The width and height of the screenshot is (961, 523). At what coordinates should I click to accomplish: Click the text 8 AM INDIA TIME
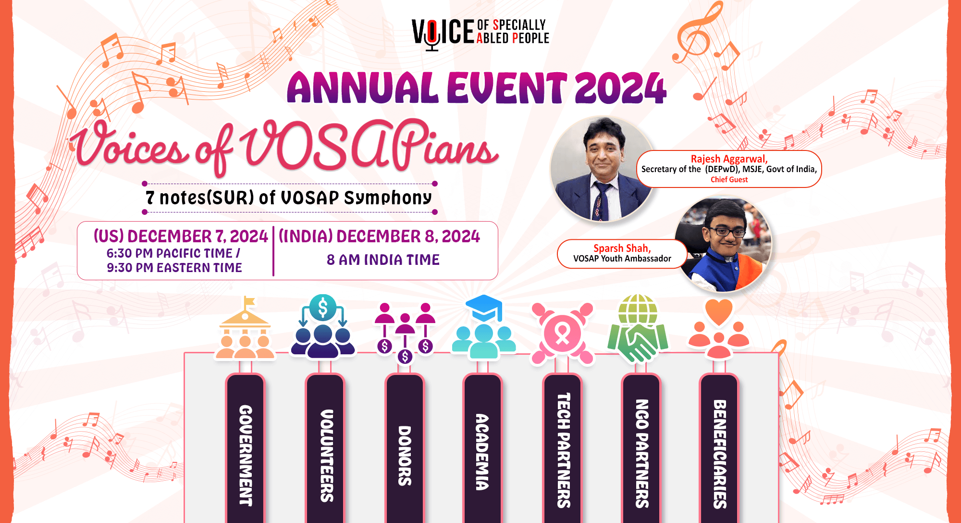click(x=383, y=260)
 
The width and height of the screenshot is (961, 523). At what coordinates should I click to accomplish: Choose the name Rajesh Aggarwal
click(x=729, y=159)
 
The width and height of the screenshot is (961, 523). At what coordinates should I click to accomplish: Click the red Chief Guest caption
click(x=729, y=179)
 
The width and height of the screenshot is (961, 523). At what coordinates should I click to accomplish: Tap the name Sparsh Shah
click(x=622, y=248)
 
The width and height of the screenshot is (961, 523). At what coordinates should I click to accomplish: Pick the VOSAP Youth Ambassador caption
click(x=622, y=259)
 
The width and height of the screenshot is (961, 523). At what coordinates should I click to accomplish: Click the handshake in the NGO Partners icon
click(x=638, y=344)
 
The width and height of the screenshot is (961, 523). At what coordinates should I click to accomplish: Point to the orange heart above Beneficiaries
click(x=718, y=311)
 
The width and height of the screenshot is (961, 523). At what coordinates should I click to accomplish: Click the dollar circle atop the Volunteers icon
click(x=323, y=308)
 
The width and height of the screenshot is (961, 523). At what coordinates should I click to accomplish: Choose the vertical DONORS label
click(x=405, y=455)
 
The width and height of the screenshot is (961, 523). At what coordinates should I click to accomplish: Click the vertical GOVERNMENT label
click(x=246, y=455)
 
